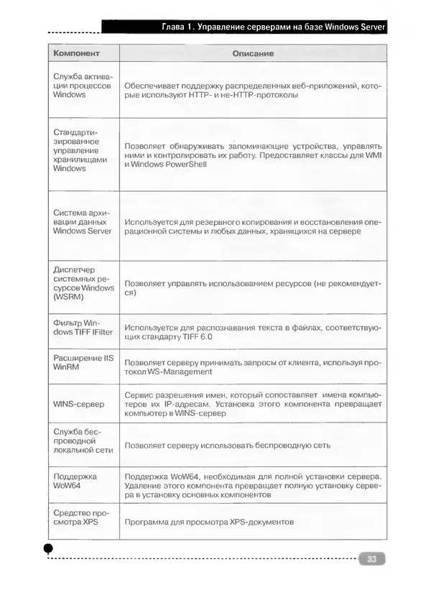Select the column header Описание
point(253,54)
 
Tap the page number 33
point(372,558)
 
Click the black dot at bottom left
point(48,548)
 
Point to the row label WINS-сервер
point(79,405)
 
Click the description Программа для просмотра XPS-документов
point(209,522)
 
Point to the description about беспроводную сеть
point(227,445)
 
